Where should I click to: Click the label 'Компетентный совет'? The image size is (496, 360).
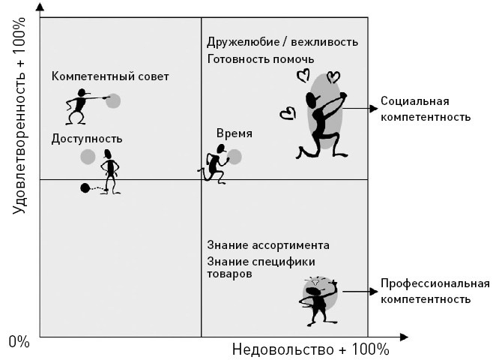click(110, 76)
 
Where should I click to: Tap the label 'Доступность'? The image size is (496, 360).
click(87, 139)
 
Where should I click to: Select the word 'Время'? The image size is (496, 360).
click(234, 133)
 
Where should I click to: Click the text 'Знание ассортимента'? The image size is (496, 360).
click(267, 245)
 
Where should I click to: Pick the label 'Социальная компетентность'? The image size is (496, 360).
click(424, 109)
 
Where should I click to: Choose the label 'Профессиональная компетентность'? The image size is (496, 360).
click(435, 291)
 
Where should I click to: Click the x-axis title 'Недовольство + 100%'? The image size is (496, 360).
click(310, 349)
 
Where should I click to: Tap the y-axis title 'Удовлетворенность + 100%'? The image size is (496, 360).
click(20, 120)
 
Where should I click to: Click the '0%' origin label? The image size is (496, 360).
click(19, 343)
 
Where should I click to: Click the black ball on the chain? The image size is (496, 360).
click(85, 187)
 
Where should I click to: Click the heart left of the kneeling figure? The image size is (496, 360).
click(286, 113)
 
